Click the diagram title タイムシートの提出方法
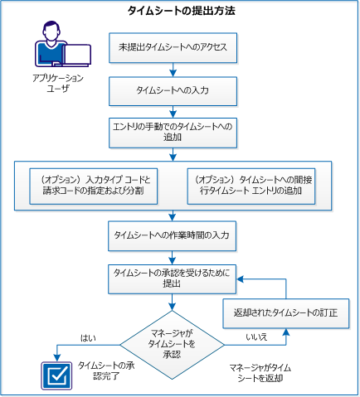181,11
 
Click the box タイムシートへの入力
174,88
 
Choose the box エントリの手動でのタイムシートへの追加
174,131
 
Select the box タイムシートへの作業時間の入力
174,235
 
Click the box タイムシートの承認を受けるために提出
174,277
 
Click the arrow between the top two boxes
174,70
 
